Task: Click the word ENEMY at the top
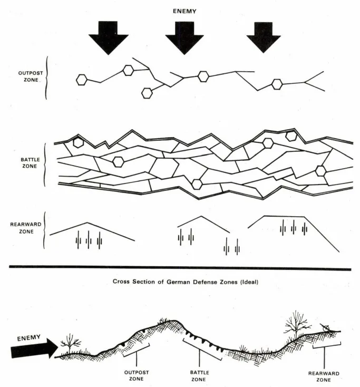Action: (184, 11)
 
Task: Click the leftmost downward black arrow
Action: (108, 37)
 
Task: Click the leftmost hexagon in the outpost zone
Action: (81, 80)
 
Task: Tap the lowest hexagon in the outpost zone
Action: (147, 93)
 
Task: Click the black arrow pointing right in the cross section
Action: (34, 347)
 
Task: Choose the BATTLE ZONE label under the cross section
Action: (200, 375)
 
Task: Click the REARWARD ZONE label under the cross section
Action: (323, 376)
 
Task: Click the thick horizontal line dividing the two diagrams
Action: (180, 268)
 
